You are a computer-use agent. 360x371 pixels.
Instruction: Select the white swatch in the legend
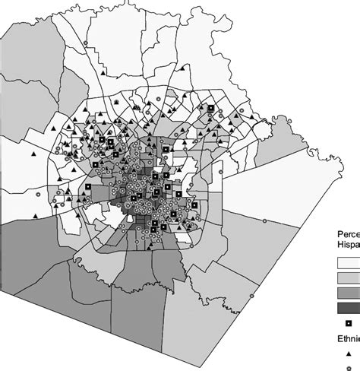pyautogui.click(x=348, y=262)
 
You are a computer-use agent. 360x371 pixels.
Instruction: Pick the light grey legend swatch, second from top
pyautogui.click(x=348, y=277)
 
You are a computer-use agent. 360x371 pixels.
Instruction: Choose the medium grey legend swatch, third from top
pyautogui.click(x=348, y=293)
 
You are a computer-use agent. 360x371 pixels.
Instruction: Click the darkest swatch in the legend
pyautogui.click(x=348, y=308)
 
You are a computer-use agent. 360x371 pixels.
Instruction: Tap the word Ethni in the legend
pyautogui.click(x=348, y=339)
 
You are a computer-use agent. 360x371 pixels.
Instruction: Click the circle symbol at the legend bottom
pyautogui.click(x=349, y=366)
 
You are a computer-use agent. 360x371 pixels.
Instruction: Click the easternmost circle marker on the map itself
pyautogui.click(x=264, y=220)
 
